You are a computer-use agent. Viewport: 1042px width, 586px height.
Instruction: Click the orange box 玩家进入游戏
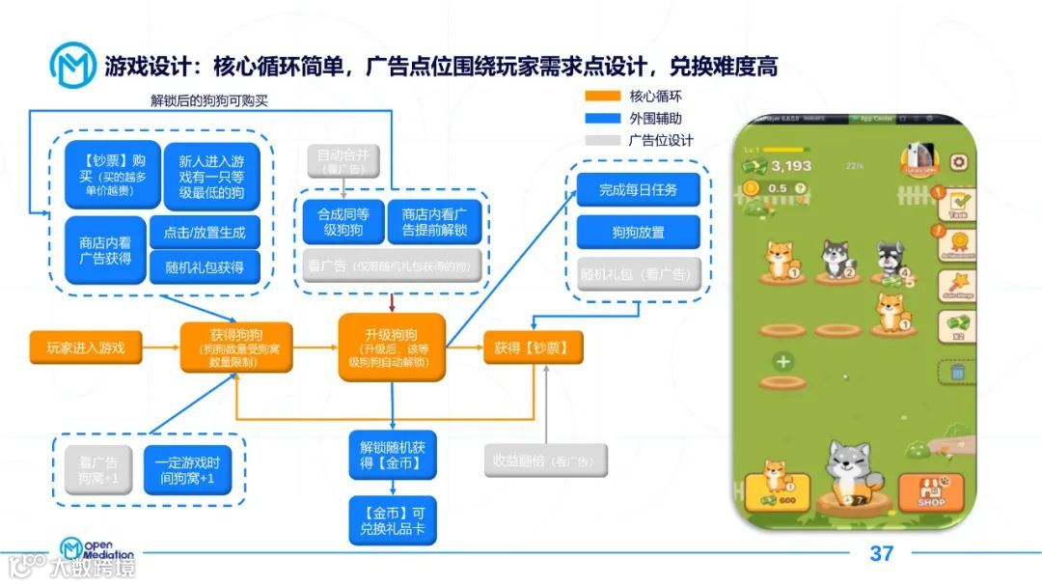[x=86, y=348]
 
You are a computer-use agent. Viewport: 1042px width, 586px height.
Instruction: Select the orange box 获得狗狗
[x=235, y=348]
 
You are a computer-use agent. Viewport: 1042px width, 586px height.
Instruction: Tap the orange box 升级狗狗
[x=391, y=348]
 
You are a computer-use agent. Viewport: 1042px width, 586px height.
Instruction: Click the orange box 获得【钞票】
[x=533, y=348]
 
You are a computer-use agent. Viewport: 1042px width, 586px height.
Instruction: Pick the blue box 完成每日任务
[x=638, y=189]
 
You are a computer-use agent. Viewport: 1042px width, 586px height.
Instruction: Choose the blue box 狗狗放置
[x=638, y=233]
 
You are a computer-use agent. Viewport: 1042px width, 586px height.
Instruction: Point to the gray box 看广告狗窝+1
[x=98, y=471]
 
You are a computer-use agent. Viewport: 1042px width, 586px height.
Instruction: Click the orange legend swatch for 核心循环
[x=602, y=97]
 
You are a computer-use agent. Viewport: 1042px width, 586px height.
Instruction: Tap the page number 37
[x=881, y=554]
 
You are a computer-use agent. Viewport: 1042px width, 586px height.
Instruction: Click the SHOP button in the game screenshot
[x=930, y=492]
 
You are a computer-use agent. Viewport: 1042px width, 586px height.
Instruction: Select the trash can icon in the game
[x=957, y=371]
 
